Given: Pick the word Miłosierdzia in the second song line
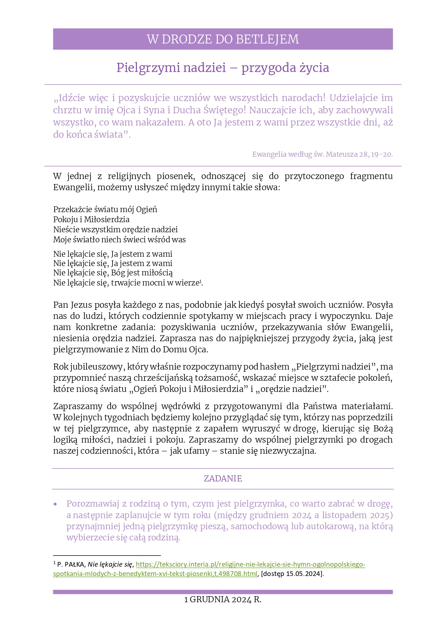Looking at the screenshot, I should [x=107, y=219].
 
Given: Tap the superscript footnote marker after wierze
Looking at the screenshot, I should [x=200, y=281].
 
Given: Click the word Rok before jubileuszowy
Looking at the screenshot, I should [x=60, y=367].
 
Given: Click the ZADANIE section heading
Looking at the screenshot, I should [x=223, y=479].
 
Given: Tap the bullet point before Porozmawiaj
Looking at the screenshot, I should [x=55, y=504].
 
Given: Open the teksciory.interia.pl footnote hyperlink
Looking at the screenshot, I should [x=250, y=564].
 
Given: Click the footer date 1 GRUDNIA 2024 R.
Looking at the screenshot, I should [x=222, y=599].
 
